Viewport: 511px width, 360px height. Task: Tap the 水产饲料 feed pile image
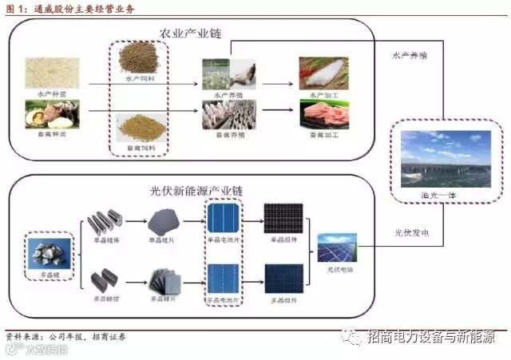point(141,57)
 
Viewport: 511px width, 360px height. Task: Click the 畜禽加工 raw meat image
point(323,113)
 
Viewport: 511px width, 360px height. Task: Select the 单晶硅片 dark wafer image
point(164,217)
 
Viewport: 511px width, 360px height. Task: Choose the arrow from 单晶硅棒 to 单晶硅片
point(135,219)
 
